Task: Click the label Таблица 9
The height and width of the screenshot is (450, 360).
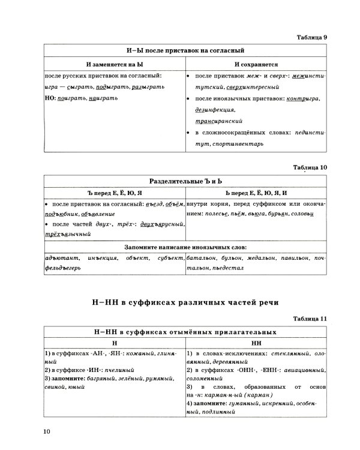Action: tap(312, 38)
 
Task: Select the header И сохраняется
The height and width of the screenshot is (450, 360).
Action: tap(254, 64)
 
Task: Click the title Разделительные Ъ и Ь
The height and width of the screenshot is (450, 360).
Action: tap(185, 181)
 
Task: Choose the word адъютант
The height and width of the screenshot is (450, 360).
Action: tap(61, 257)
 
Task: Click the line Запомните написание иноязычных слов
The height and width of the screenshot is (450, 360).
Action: tap(185, 247)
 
